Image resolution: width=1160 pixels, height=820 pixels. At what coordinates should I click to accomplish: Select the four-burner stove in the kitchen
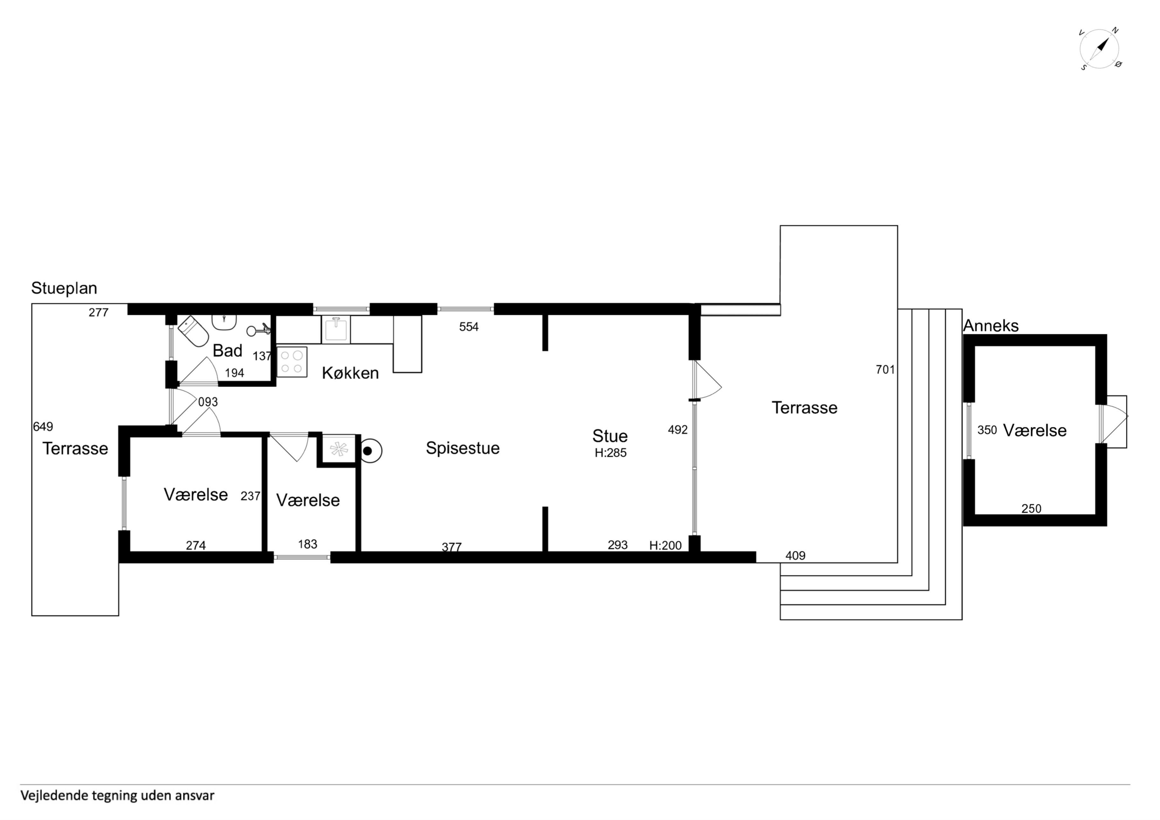292,362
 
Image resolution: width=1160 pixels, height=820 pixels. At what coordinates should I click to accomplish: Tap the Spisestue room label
462,448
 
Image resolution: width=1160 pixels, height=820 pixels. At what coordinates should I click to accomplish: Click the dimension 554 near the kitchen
468,327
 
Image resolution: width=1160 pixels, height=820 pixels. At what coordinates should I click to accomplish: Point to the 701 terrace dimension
885,370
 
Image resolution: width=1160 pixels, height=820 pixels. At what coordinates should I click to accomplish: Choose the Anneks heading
991,326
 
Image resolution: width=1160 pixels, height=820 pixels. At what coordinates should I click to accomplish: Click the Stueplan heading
64,288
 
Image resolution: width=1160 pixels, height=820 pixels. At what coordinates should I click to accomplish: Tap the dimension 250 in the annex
1031,509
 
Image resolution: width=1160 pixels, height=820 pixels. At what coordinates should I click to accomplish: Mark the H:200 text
666,546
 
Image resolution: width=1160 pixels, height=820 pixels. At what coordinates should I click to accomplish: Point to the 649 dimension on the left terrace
43,427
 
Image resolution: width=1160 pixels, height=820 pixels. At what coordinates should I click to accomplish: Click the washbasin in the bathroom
224,322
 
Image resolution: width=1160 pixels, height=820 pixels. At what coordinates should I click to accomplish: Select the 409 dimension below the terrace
795,556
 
